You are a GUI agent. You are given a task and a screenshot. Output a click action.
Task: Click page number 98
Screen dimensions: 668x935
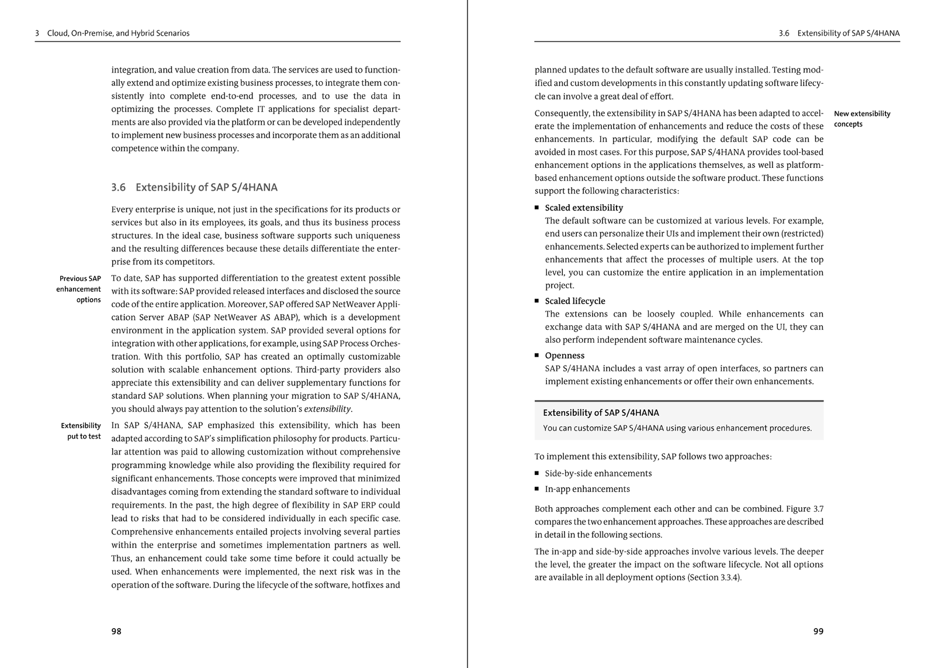pyautogui.click(x=116, y=631)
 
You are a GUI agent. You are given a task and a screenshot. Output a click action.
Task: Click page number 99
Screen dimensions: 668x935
pyautogui.click(x=818, y=631)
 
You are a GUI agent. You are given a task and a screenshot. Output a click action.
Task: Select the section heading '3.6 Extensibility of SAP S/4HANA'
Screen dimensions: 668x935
pyautogui.click(x=194, y=187)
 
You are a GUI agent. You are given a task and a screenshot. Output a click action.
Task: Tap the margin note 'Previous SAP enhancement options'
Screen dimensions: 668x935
pyautogui.click(x=80, y=289)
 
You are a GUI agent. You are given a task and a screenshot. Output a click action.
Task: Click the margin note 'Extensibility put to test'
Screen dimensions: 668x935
pyautogui.click(x=81, y=431)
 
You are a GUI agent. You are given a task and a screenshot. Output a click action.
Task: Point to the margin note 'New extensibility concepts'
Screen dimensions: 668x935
pyautogui.click(x=862, y=119)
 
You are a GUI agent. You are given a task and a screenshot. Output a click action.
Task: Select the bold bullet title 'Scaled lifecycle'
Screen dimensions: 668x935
pyautogui.click(x=575, y=301)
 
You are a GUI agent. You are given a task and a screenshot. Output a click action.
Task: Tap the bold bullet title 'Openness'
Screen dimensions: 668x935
pyautogui.click(x=565, y=356)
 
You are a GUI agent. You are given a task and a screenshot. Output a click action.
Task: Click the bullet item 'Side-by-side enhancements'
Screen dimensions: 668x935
pyautogui.click(x=598, y=473)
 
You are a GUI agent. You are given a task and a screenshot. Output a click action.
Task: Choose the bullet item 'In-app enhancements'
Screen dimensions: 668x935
pyautogui.click(x=587, y=489)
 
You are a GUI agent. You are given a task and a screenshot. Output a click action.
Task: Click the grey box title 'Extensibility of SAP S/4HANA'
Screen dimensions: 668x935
pyautogui.click(x=601, y=412)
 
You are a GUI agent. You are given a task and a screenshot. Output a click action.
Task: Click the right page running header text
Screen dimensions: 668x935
pyautogui.click(x=839, y=33)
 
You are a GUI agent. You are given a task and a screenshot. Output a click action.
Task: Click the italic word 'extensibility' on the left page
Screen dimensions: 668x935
pyautogui.click(x=327, y=409)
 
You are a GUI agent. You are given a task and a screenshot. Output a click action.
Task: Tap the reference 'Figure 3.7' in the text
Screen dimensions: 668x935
pyautogui.click(x=805, y=509)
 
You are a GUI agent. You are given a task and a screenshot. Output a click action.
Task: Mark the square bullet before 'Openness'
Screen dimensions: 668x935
pyautogui.click(x=537, y=356)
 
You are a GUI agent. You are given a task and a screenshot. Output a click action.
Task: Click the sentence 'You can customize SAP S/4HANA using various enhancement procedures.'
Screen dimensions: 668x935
pyautogui.click(x=677, y=428)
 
